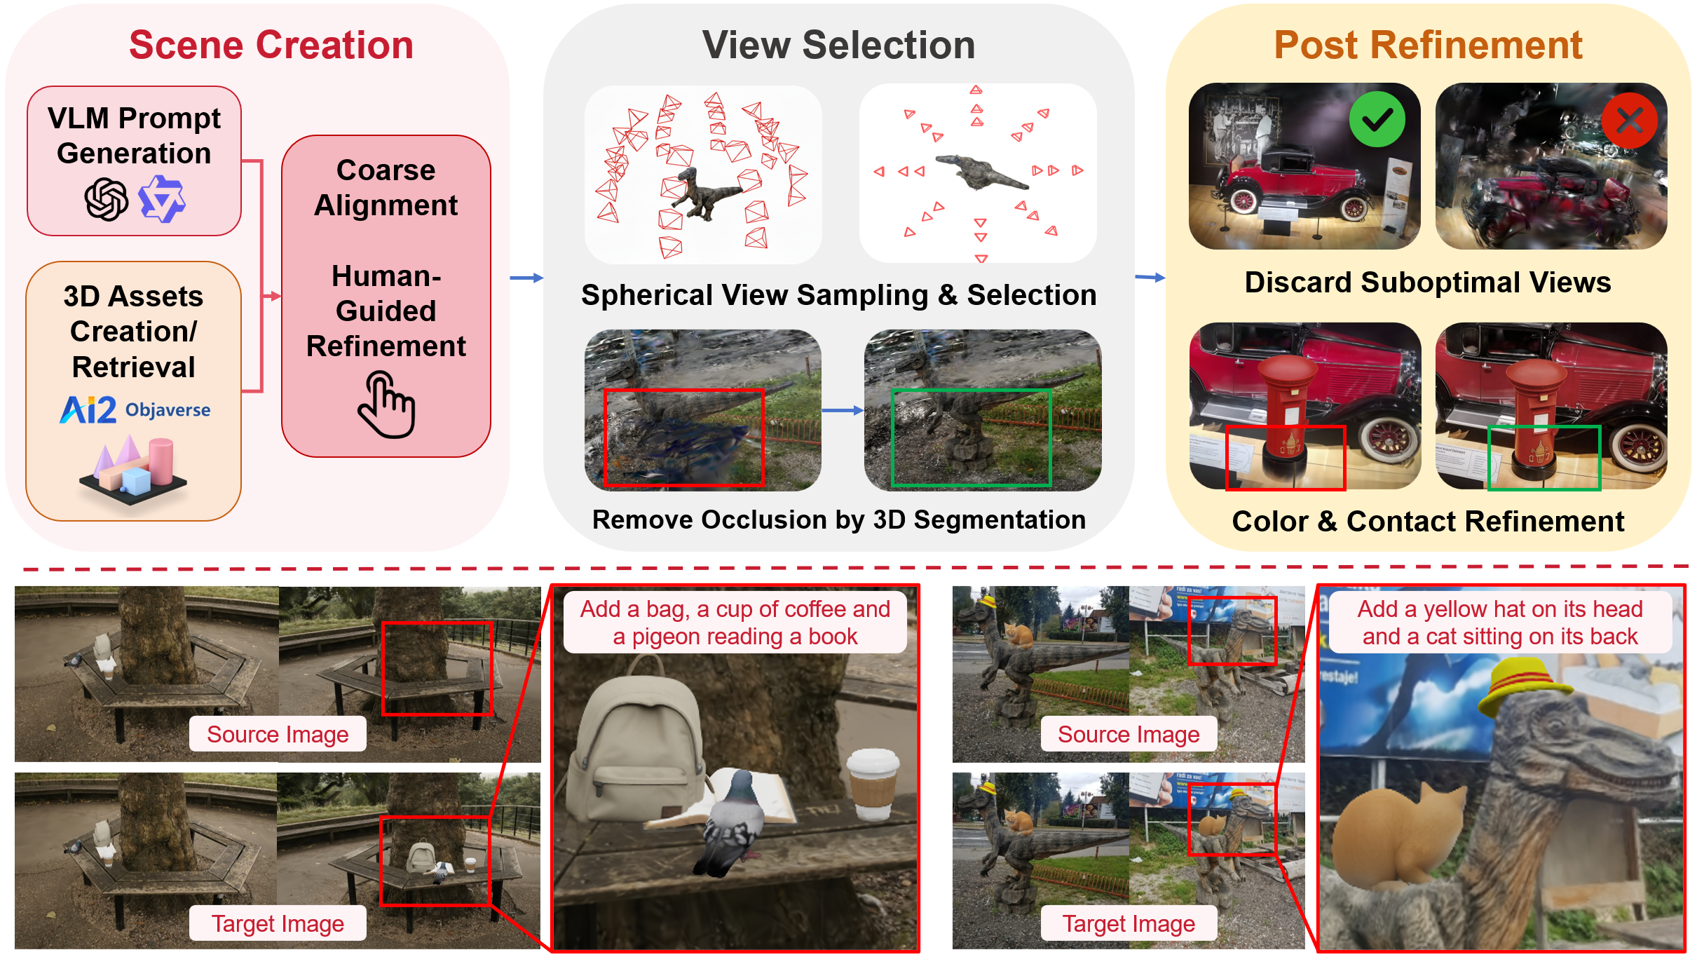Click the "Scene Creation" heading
pos(271,46)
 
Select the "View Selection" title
pos(838,46)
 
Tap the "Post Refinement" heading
pos(1428,46)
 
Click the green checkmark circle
pos(1377,120)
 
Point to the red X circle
pos(1629,121)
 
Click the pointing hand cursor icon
pos(386,405)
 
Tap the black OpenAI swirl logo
pos(107,199)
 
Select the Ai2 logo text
pos(88,410)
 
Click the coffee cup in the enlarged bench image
pos(873,784)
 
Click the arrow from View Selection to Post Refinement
pos(1150,278)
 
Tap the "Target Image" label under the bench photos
pos(278,923)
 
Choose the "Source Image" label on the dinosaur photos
pos(1129,734)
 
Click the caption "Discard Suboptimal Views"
pos(1428,283)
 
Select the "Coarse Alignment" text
pos(386,188)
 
